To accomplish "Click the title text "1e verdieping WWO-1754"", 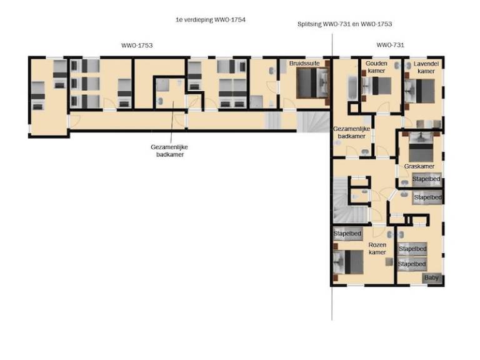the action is pyautogui.click(x=211, y=20).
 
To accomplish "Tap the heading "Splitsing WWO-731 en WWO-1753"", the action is pyautogui.click(x=345, y=24).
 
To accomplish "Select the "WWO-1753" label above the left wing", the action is pyautogui.click(x=137, y=45).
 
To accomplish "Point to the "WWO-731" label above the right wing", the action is pyautogui.click(x=390, y=45).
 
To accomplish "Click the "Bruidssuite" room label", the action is pyautogui.click(x=304, y=63).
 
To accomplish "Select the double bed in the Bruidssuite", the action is pyautogui.click(x=312, y=83).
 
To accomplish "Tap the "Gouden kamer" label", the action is pyautogui.click(x=376, y=67).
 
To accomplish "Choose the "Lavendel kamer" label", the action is pyautogui.click(x=426, y=67).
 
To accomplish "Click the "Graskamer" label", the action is pyautogui.click(x=419, y=166).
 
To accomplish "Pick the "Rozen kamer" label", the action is pyautogui.click(x=377, y=249).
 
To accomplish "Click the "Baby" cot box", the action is pyautogui.click(x=432, y=278).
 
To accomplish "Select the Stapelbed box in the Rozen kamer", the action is pyautogui.click(x=347, y=234).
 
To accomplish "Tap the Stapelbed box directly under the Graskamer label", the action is pyautogui.click(x=426, y=179).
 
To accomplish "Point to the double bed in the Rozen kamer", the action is pyautogui.click(x=348, y=262).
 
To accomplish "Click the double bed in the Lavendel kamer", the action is pyautogui.click(x=420, y=91).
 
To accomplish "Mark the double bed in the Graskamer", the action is pyautogui.click(x=421, y=147).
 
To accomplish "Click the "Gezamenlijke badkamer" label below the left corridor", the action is pyautogui.click(x=169, y=151).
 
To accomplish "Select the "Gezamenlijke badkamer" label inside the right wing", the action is pyautogui.click(x=351, y=132).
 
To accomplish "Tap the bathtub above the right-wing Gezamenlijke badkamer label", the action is pyautogui.click(x=352, y=87).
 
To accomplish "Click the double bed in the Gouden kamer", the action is pyautogui.click(x=376, y=86).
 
